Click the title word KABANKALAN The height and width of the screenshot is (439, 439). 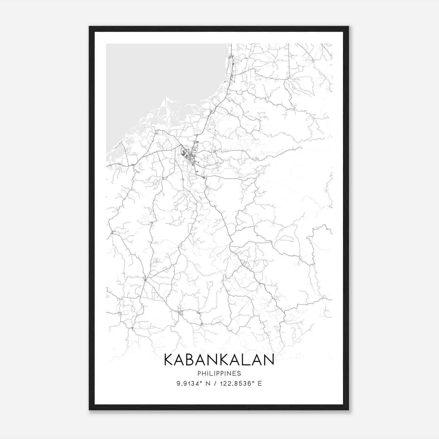coord(219,360)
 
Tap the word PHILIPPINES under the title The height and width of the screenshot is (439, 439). coord(219,373)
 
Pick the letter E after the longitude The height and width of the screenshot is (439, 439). coord(260,384)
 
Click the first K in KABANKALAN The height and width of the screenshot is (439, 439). coord(168,360)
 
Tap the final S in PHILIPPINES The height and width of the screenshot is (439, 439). coord(239,373)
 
